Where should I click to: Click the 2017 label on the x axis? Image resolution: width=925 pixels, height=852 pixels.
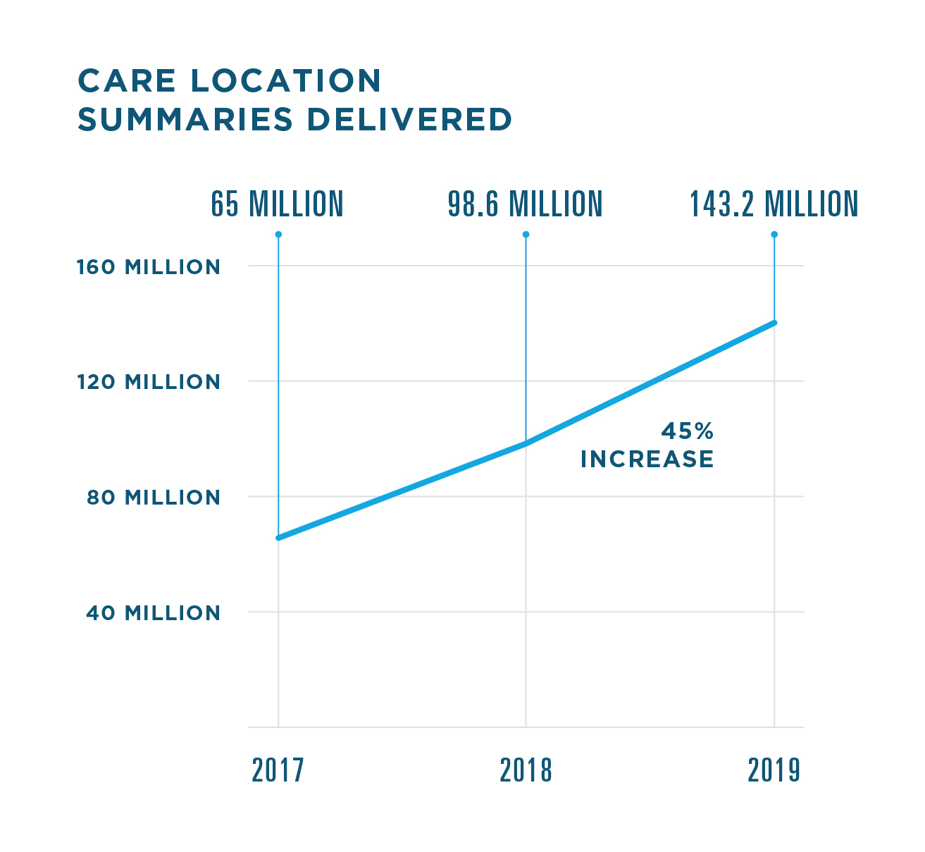click(x=278, y=771)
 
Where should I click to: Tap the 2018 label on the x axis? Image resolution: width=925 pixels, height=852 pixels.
click(x=526, y=771)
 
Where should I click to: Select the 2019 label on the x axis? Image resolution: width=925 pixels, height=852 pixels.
click(x=774, y=771)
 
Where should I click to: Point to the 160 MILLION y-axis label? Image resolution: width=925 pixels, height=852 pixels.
click(x=149, y=268)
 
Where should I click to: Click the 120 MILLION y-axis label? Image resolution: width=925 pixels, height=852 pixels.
click(x=149, y=382)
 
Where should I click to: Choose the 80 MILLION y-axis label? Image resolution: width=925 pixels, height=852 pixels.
click(x=154, y=498)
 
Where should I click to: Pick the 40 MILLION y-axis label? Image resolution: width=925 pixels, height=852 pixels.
click(x=154, y=613)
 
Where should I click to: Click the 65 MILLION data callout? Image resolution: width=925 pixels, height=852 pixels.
click(x=277, y=204)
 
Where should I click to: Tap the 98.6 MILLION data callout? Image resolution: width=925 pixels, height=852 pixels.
click(x=526, y=204)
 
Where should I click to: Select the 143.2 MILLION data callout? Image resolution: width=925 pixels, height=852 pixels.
click(x=774, y=204)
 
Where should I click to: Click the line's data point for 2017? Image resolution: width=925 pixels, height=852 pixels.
click(x=278, y=538)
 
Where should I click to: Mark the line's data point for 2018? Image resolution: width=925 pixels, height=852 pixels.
click(x=526, y=444)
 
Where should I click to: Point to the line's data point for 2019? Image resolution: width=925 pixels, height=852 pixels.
click(x=774, y=323)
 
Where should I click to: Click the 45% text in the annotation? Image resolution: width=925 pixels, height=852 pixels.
click(x=687, y=431)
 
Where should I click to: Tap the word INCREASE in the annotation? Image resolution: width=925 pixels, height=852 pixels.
click(x=647, y=459)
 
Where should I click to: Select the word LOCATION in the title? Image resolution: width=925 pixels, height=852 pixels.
click(x=286, y=81)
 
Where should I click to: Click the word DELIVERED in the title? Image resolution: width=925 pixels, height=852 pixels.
click(x=409, y=120)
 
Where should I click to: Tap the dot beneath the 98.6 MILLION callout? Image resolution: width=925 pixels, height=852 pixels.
click(x=526, y=234)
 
